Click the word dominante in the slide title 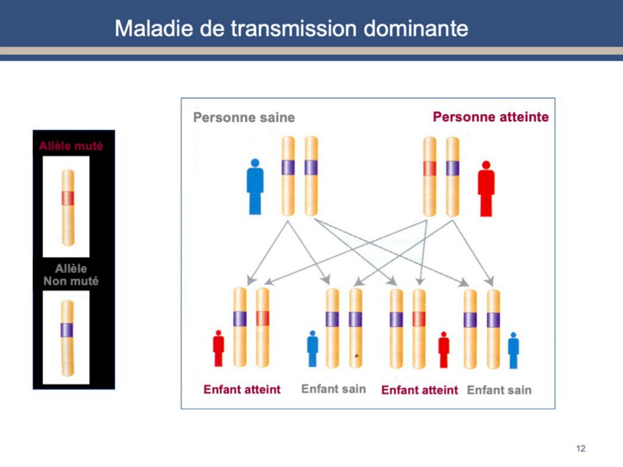point(416,29)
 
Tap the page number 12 point(580,448)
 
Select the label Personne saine point(244,117)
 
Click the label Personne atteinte point(491,117)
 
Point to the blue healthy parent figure point(255,187)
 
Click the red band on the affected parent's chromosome point(430,168)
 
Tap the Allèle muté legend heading point(71,146)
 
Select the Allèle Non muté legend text point(71,275)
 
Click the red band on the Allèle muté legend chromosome point(68,198)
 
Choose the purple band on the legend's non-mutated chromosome point(67,330)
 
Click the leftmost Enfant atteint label point(242,389)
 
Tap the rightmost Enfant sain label point(499,390)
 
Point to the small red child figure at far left point(218,348)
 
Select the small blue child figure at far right point(513,351)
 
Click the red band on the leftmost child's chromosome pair point(263,318)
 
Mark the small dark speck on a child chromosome point(357,356)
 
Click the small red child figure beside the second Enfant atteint point(444,350)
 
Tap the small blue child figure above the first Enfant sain point(313,348)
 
